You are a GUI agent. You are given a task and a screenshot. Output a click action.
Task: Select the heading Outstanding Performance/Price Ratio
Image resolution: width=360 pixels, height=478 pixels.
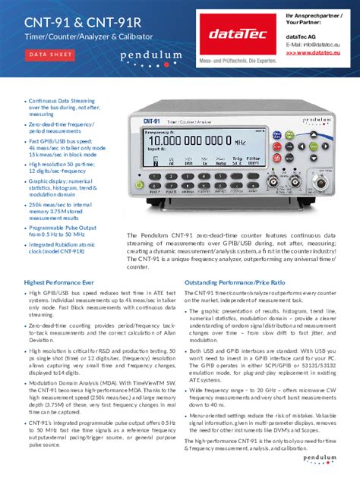(x=241, y=282)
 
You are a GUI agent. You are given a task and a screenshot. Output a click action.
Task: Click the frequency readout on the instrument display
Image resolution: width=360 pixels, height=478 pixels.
(x=199, y=140)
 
